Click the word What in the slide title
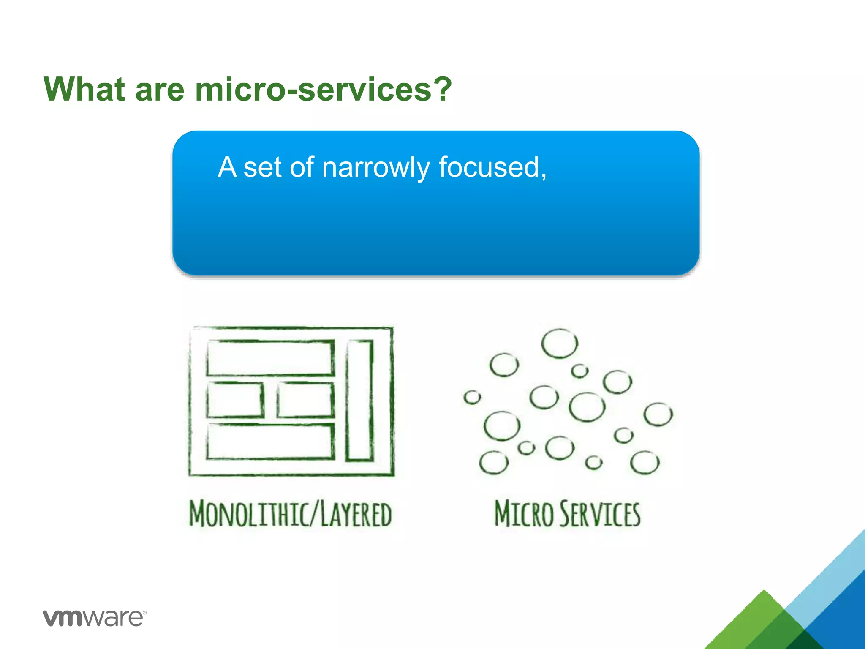tap(84, 90)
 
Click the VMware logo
tap(93, 618)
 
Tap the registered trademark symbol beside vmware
tap(144, 612)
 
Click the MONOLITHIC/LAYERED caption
tap(291, 514)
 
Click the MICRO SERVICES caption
tap(567, 514)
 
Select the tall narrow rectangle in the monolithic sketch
tap(359, 401)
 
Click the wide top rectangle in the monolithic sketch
tap(270, 358)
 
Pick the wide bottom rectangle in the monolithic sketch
tap(270, 442)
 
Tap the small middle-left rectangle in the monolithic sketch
tap(235, 400)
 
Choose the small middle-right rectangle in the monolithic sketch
tap(306, 400)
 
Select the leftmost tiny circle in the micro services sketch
tap(472, 397)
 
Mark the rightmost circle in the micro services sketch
tap(658, 414)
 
